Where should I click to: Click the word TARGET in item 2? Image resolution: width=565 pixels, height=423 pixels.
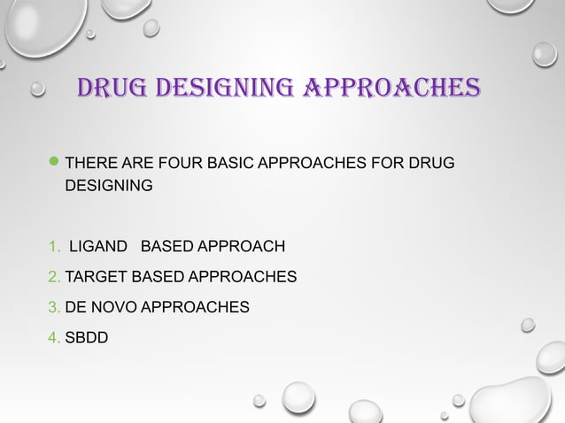pos(96,277)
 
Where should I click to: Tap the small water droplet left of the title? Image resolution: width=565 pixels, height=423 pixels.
pos(38,89)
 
